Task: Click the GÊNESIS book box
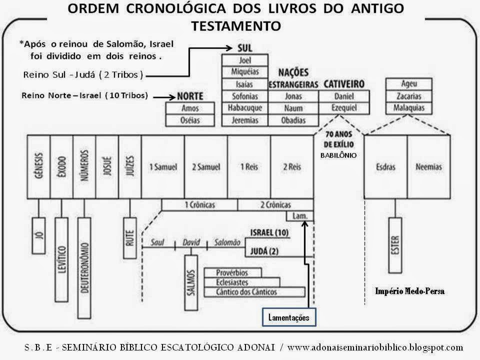click(x=39, y=166)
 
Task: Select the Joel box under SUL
click(x=245, y=62)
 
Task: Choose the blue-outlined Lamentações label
click(x=289, y=317)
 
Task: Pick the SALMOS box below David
click(x=191, y=281)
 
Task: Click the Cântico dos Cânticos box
click(x=254, y=291)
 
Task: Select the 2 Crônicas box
click(x=275, y=205)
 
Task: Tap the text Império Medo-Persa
click(x=409, y=291)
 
